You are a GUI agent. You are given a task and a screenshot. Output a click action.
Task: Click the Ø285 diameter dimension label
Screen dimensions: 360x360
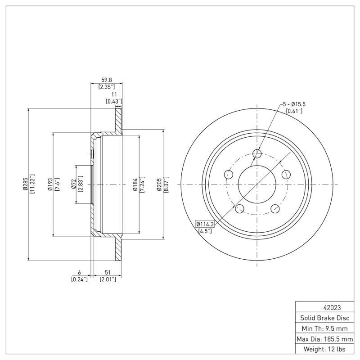coord(26,184)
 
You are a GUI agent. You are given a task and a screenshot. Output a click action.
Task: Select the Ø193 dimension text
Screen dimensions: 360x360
coord(50,184)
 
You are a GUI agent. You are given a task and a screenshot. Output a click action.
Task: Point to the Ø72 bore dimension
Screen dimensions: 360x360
coord(73,184)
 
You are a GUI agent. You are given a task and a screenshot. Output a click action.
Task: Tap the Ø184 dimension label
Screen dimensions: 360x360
coord(135,184)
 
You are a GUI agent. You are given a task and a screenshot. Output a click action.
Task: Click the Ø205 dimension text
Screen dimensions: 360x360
coord(159,184)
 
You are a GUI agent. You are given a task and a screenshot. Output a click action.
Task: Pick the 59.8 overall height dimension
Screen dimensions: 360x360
coord(106,81)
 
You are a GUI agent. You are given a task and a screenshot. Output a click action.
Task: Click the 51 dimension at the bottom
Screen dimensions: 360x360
coord(108,273)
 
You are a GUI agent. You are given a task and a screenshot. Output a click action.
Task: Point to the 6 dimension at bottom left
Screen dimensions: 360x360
coord(79,273)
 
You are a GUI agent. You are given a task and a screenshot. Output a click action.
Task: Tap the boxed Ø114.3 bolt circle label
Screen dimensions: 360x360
coord(205,224)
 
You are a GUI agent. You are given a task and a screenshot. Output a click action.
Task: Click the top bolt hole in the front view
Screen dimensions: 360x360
coord(257,154)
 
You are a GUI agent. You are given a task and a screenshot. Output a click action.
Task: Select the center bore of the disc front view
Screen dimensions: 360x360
coord(257,184)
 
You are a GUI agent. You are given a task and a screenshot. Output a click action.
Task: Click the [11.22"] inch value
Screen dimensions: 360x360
coord(32,184)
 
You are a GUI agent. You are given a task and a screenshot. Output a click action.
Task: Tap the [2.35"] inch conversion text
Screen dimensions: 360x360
coord(106,86)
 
